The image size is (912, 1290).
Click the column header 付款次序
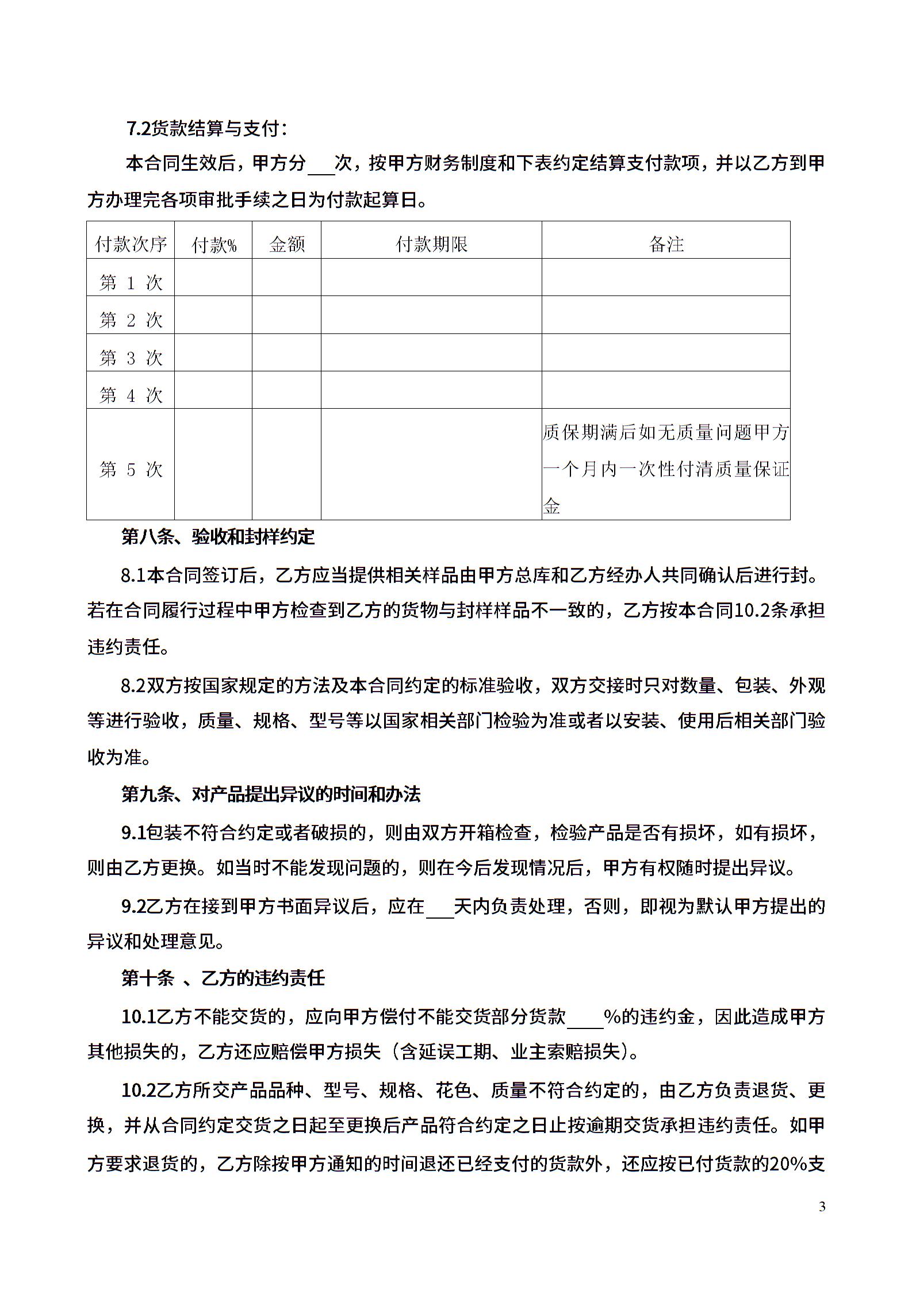(x=131, y=244)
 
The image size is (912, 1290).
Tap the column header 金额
(x=287, y=244)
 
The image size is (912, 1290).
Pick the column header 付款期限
(x=431, y=244)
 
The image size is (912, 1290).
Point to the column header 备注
(x=666, y=244)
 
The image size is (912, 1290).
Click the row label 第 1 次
(x=131, y=282)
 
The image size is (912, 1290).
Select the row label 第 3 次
(x=131, y=358)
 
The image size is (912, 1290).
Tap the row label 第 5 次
(x=131, y=469)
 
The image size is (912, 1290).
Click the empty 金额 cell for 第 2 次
(x=286, y=315)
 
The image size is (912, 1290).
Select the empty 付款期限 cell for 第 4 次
(x=431, y=390)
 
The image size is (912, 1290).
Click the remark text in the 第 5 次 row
(x=666, y=469)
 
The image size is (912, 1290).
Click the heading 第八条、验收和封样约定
(x=218, y=537)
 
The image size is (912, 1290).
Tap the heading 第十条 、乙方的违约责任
(x=223, y=978)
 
